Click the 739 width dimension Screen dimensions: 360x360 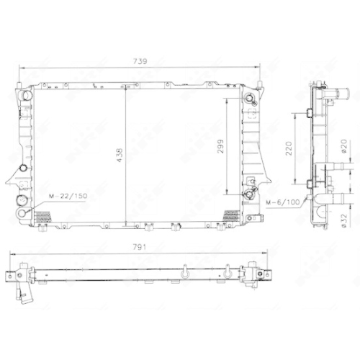pos(140,61)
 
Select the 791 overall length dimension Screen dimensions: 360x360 pos(140,247)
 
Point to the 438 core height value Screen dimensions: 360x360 pos(120,155)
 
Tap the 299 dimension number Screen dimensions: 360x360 pos(220,146)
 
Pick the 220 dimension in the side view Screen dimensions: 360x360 pos(289,148)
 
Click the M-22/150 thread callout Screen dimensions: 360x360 pos(68,196)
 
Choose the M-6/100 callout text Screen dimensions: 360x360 pos(283,202)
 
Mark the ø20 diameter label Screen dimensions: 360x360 pos(344,146)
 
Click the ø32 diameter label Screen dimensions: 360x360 pos(344,220)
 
